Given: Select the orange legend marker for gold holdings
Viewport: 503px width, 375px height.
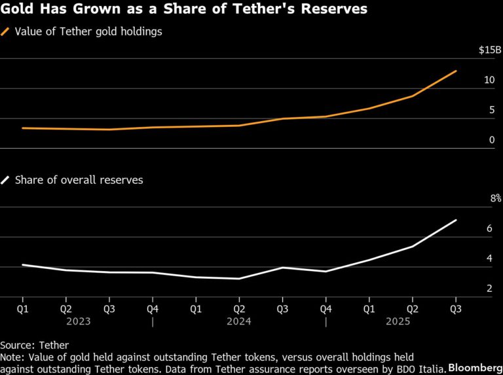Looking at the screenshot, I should [6, 31].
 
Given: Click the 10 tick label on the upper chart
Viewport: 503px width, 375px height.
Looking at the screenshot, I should [489, 80].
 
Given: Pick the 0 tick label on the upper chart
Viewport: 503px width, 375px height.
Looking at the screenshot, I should [491, 140].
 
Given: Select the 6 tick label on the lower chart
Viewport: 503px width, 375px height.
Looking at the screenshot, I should [489, 228].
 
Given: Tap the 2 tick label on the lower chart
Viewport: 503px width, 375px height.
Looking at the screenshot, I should [489, 288].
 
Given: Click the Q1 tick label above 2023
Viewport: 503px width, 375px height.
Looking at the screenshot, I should [23, 308].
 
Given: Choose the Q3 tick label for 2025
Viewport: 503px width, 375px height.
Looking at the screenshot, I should [456, 308].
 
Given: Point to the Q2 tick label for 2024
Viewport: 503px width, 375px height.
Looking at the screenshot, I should [239, 308].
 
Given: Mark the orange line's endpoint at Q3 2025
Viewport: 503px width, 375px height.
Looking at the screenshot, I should [456, 71].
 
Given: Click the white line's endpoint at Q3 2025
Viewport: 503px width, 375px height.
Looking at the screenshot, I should [456, 221].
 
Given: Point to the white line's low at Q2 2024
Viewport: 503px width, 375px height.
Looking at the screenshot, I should [239, 279].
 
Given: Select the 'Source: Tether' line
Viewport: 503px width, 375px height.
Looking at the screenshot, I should [34, 345].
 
